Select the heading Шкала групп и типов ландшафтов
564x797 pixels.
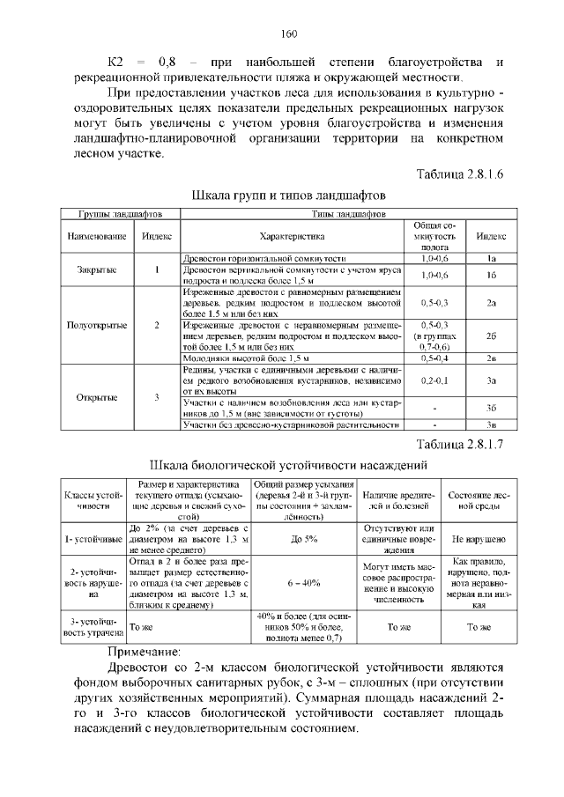point(288,194)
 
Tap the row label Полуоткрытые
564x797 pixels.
point(97,325)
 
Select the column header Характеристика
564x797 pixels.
point(293,236)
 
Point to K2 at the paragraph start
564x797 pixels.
point(117,63)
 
